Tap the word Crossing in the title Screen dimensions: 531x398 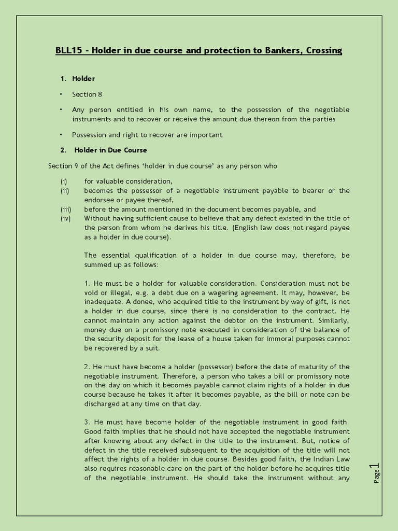click(324, 50)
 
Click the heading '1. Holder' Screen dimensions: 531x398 click(78, 79)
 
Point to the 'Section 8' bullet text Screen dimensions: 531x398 click(84, 94)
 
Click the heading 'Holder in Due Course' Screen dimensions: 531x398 click(110, 150)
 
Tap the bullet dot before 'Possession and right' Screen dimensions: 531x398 click(61, 134)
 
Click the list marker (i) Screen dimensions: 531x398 click(64, 181)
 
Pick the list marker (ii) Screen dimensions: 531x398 click(64, 191)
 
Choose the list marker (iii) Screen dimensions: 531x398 click(65, 209)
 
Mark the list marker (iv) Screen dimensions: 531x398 click(65, 218)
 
